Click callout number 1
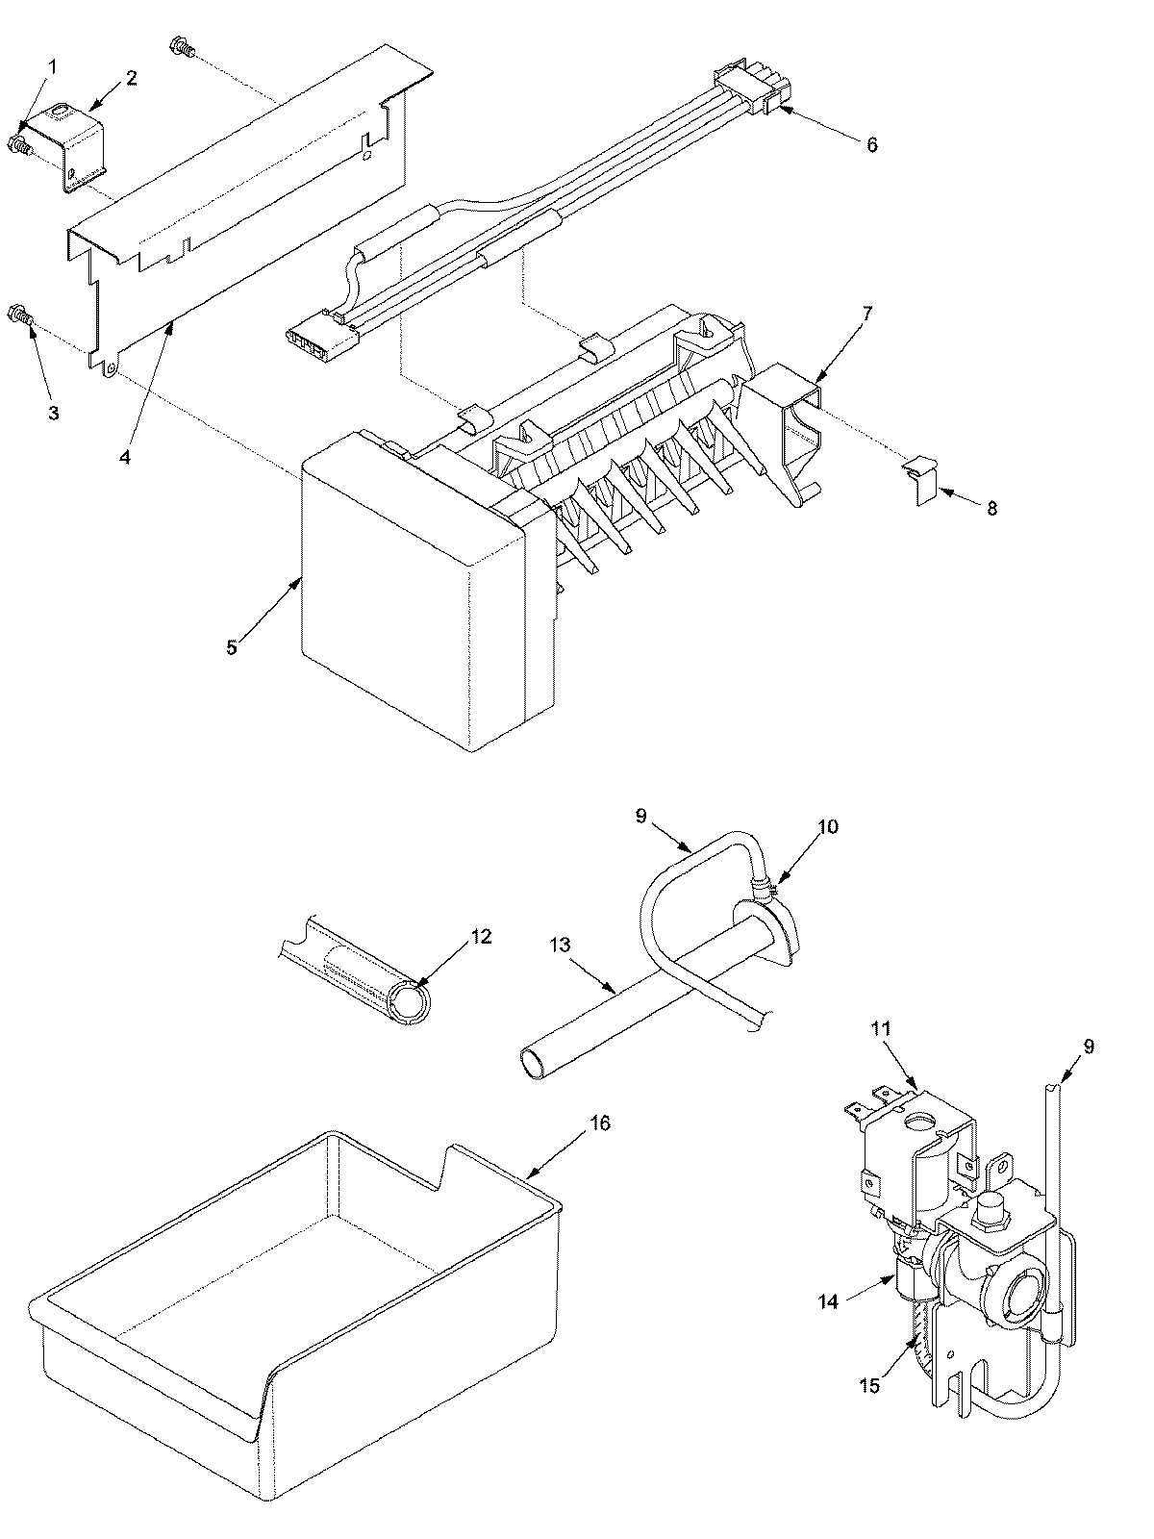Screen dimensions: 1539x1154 pos(53,66)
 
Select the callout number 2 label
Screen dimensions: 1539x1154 pos(132,78)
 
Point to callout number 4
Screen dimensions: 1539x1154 pos(125,457)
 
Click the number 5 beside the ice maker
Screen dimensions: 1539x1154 pos(232,647)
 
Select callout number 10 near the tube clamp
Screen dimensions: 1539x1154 pos(828,826)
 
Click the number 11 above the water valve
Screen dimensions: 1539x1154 pos(880,1028)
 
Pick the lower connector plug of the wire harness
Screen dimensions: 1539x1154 pos(315,333)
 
